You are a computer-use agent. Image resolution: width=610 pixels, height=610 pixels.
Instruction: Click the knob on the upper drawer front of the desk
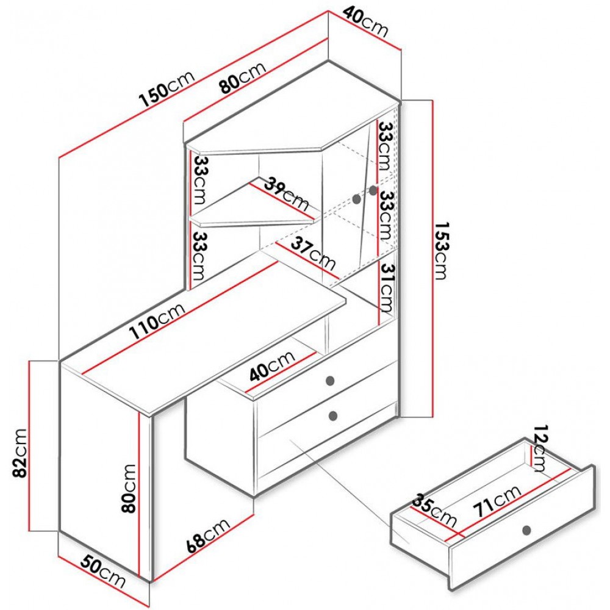[x=331, y=381]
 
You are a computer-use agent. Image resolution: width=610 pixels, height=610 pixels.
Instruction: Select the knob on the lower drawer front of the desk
[x=334, y=416]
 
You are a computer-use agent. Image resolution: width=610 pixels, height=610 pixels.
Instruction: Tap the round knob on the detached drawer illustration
[x=527, y=530]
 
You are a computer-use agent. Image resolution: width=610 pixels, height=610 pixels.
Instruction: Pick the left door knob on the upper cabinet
[x=357, y=199]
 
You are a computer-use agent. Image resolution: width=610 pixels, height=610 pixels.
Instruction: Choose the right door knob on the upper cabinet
[x=373, y=190]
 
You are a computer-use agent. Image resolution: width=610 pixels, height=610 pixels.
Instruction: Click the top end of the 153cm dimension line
[x=432, y=101]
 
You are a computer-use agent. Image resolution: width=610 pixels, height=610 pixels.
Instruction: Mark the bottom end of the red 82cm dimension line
[x=30, y=531]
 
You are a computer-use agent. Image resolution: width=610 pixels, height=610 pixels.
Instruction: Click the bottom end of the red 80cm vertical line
[x=138, y=576]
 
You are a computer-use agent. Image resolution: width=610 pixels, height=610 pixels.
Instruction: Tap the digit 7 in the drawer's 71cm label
[x=479, y=510]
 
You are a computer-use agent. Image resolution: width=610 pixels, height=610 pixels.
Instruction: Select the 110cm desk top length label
[x=157, y=321]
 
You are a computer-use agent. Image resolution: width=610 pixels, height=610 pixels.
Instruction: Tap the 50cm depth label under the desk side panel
[x=103, y=573]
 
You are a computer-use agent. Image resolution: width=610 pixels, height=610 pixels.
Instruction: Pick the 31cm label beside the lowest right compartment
[x=387, y=288]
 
